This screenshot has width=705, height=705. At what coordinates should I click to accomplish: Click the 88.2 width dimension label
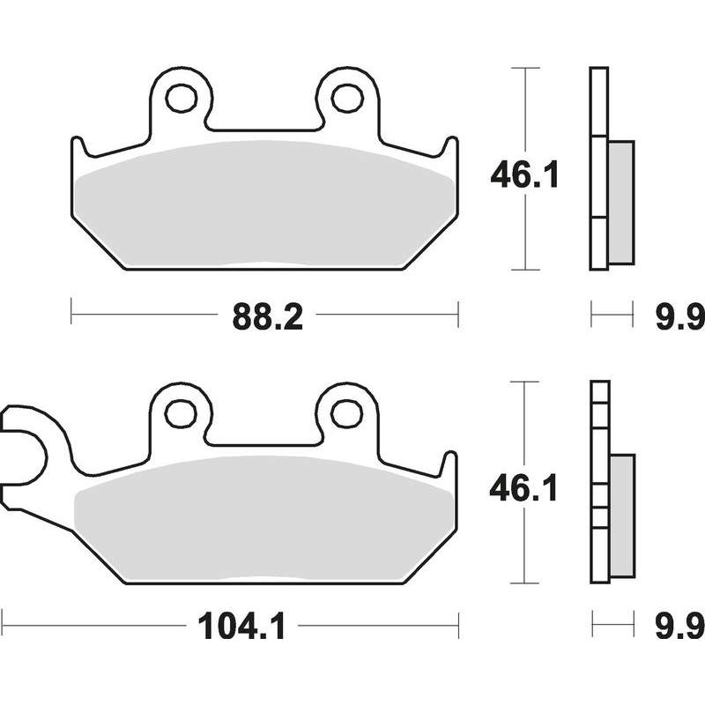click(x=268, y=317)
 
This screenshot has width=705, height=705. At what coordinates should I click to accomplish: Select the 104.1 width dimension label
click(x=241, y=627)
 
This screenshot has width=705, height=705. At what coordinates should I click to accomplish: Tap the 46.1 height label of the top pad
click(x=524, y=174)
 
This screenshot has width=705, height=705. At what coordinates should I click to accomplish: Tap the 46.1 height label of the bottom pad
click(x=523, y=488)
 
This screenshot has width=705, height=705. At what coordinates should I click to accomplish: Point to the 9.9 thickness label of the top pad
click(x=679, y=316)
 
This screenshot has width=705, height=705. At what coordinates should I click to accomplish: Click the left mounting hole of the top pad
click(x=181, y=98)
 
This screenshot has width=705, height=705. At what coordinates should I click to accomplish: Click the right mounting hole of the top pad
click(x=347, y=98)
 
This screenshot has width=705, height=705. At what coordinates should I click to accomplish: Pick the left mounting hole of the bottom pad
click(x=181, y=413)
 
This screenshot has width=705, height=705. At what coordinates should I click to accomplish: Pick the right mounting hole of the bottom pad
click(x=346, y=413)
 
